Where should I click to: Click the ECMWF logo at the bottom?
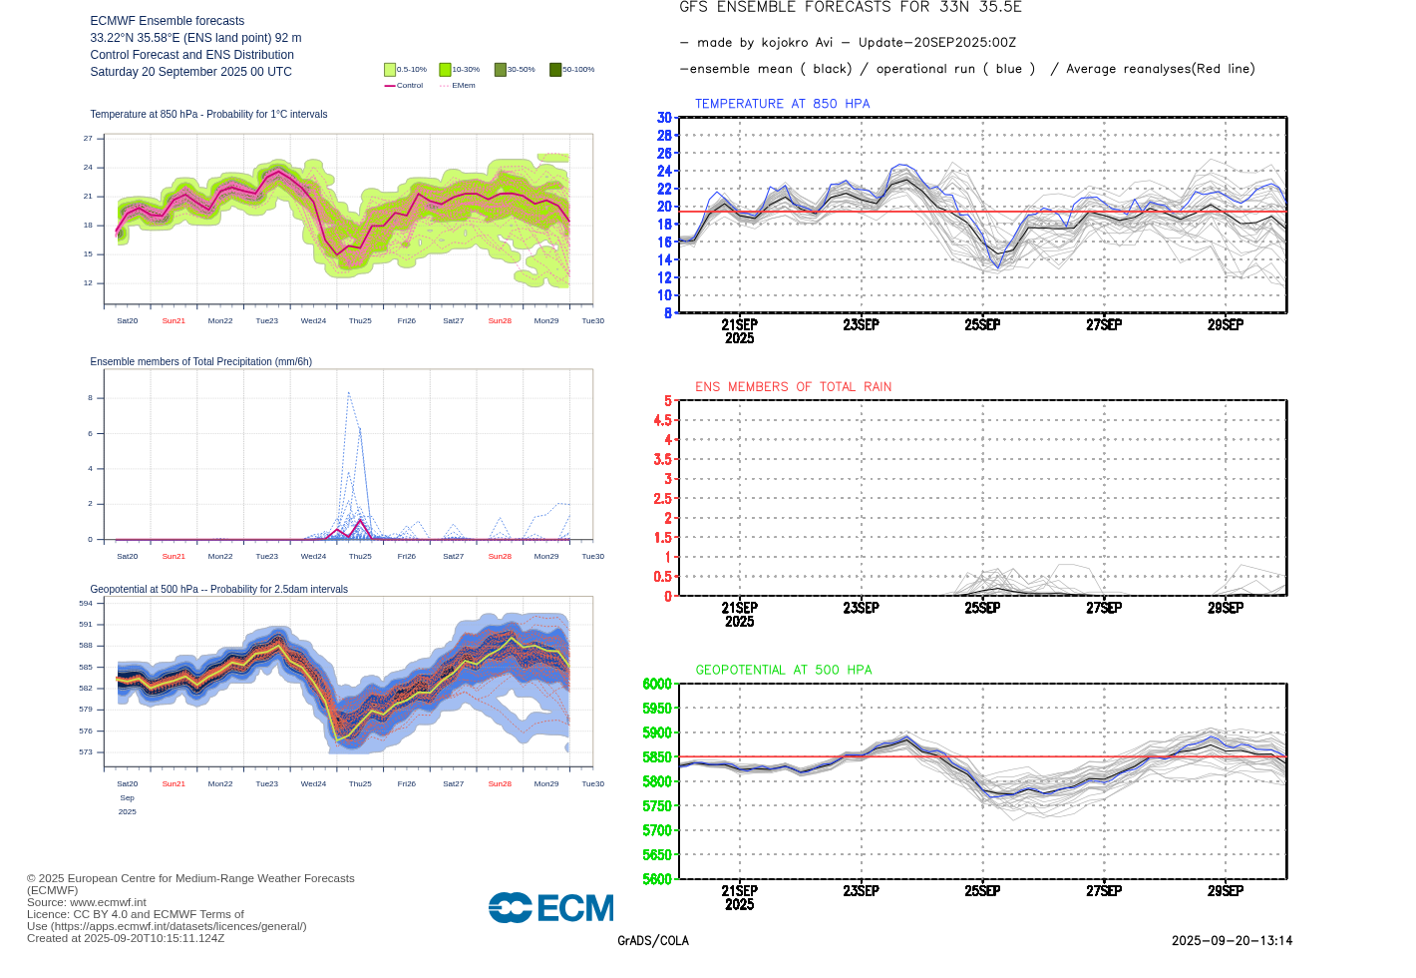[550, 907]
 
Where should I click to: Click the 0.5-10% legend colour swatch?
[390, 70]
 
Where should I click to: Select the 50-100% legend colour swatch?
[555, 70]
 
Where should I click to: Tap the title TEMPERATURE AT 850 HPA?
[782, 104]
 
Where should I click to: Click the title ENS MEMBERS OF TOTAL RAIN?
[793, 387]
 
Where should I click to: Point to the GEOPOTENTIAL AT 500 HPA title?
[783, 671]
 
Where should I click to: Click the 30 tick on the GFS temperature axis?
[664, 118]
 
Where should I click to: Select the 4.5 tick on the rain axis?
[662, 420]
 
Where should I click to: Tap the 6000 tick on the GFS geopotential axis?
[657, 684]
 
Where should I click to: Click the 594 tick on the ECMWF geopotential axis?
[86, 604]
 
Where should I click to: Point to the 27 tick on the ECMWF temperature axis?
[88, 139]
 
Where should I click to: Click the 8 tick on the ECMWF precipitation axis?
[90, 398]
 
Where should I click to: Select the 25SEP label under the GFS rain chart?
[982, 608]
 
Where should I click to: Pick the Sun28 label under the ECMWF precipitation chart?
[500, 557]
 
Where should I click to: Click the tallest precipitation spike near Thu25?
[348, 394]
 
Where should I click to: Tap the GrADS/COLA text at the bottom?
[653, 941]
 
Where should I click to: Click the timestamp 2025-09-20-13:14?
[1232, 941]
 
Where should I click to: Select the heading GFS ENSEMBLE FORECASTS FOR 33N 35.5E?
[851, 8]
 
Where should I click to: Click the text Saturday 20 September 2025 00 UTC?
[190, 72]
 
